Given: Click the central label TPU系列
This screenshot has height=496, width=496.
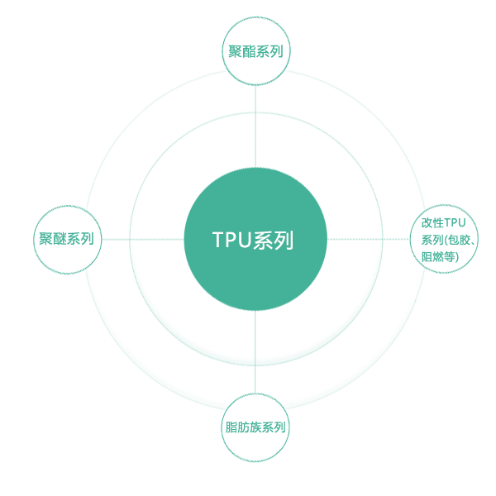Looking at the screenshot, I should click(252, 241).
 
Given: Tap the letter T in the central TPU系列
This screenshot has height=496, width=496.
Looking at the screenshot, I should click(218, 241).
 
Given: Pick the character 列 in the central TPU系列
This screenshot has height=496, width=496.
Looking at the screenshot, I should click(284, 241).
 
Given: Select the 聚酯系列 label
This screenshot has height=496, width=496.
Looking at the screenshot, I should click(255, 52).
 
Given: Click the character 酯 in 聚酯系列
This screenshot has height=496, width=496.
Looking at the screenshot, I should click(249, 52).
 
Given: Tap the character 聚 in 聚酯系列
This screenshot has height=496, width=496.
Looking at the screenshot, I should click(236, 52).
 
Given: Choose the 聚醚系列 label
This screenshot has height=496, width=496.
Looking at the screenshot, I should click(66, 240).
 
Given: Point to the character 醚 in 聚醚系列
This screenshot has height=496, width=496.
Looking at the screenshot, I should click(60, 240).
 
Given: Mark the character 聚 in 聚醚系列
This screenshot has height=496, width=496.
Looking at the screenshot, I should click(46, 240).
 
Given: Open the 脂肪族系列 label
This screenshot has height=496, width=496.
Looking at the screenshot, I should click(256, 427).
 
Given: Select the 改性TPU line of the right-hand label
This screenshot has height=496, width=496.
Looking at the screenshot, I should click(444, 222).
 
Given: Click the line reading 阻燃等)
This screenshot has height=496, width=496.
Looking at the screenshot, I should click(441, 257).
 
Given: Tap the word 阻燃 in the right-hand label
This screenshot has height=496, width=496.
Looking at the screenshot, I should click(435, 257).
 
